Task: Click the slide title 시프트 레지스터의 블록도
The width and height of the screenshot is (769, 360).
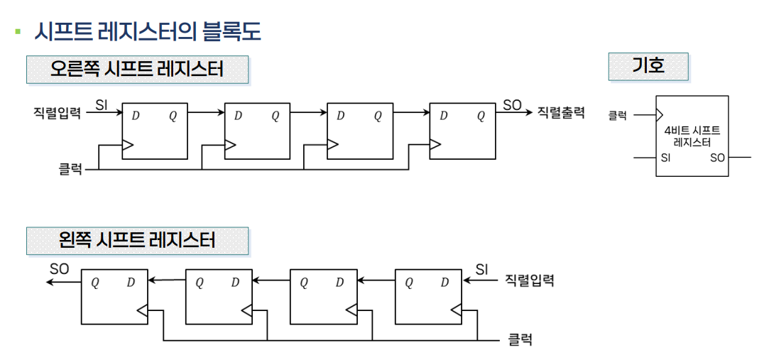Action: click(x=148, y=32)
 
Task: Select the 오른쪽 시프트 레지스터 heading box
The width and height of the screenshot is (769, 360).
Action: click(x=137, y=70)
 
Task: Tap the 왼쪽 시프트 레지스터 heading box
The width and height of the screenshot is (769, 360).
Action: click(x=137, y=241)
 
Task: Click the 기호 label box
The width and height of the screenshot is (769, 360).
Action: click(x=648, y=67)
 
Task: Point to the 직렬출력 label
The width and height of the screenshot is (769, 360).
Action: click(x=561, y=112)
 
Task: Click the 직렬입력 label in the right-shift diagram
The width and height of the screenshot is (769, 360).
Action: click(x=56, y=112)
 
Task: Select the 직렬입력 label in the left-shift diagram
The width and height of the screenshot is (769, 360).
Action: click(x=529, y=280)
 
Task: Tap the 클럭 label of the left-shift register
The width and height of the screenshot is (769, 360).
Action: click(x=520, y=340)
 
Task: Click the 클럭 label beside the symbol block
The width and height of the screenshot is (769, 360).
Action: click(x=617, y=115)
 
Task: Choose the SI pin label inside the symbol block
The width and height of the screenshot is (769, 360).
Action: click(x=665, y=158)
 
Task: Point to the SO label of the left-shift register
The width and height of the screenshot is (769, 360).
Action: click(x=60, y=269)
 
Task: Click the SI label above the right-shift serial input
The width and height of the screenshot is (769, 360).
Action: click(x=102, y=104)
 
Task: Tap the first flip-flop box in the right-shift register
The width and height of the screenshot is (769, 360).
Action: click(x=156, y=131)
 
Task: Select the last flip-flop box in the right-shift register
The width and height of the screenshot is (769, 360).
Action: click(x=462, y=131)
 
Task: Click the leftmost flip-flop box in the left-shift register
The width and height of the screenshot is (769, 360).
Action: click(x=114, y=296)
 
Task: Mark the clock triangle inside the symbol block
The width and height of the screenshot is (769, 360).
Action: click(x=660, y=114)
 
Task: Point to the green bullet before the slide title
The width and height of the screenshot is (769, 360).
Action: click(x=18, y=32)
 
